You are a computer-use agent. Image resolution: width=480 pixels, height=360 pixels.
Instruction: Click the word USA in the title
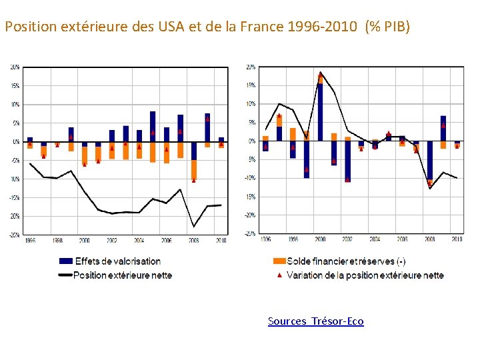170,27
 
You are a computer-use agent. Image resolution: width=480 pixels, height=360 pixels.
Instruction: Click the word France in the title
259,27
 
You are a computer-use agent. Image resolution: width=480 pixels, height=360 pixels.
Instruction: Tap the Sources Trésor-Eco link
316,321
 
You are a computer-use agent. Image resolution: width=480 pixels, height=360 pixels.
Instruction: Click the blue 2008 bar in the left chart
194,151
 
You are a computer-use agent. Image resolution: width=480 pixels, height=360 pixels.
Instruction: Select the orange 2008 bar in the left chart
194,170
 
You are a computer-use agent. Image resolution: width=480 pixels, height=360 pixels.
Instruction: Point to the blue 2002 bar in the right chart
347,160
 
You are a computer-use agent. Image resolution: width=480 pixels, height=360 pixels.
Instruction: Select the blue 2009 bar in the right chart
443,128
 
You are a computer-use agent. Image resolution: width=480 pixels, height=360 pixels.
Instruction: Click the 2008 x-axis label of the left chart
193,240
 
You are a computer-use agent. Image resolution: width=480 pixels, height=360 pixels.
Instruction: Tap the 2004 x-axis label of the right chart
375,239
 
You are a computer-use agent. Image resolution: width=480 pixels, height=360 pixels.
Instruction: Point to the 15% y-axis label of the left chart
15,86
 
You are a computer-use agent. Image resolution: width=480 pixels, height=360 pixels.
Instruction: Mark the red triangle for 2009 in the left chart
207,119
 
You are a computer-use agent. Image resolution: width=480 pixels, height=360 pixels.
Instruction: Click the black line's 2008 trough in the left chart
194,227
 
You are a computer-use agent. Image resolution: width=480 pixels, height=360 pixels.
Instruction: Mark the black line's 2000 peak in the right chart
320,72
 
